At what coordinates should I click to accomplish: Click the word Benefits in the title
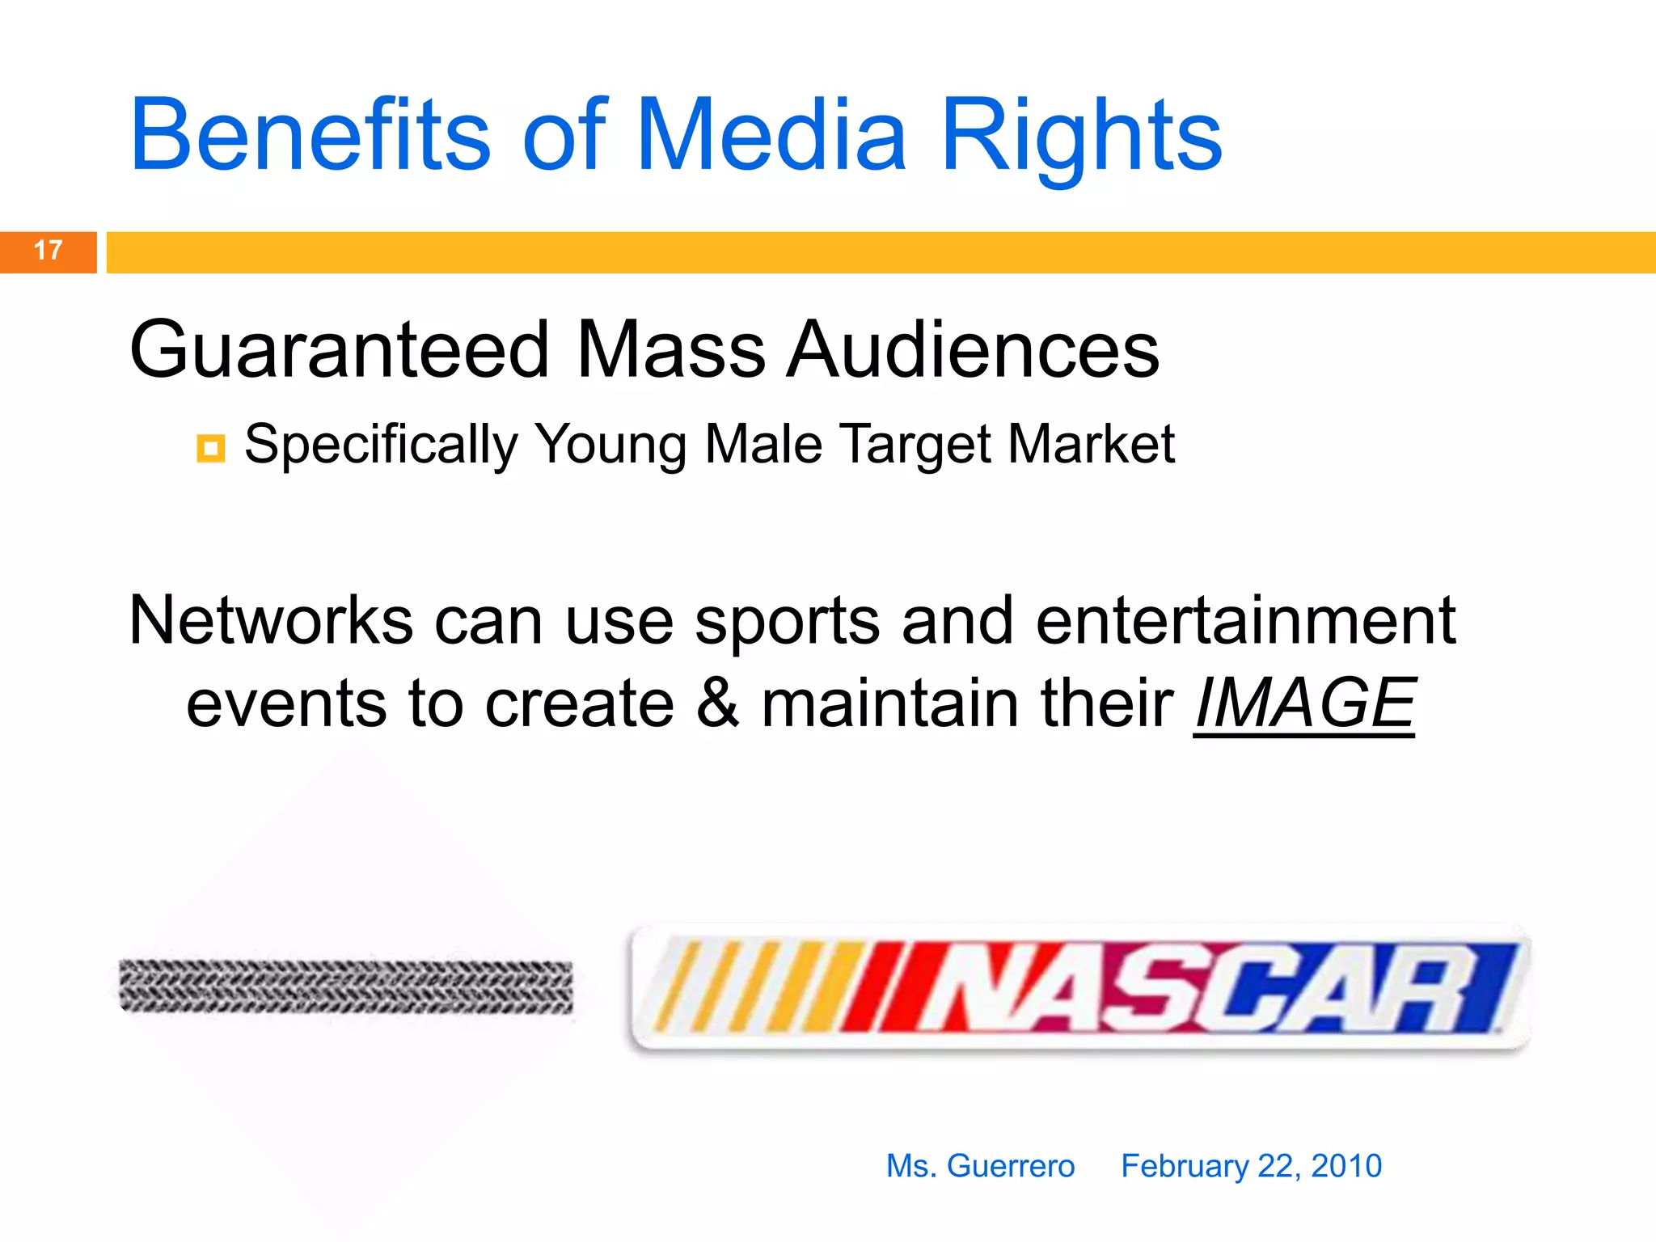pos(310,136)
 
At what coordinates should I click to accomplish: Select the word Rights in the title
pos(1081,136)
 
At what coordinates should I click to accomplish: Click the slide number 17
pos(48,251)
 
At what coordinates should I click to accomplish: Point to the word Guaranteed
pos(340,349)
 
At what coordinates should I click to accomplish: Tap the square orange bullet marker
pos(211,447)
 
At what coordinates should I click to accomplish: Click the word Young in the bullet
pos(611,445)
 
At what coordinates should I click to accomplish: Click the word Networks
pos(272,621)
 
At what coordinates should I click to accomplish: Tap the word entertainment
pos(1245,621)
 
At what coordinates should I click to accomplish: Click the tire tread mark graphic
pos(346,986)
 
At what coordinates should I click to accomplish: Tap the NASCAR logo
pos(1079,988)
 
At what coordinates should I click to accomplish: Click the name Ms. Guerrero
pos(980,1166)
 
